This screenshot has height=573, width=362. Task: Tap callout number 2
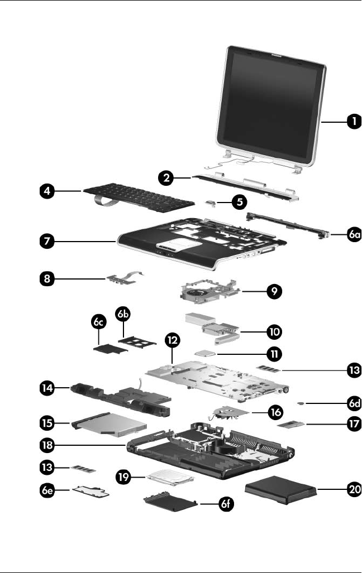point(165,179)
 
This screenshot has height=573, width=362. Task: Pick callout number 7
point(47,242)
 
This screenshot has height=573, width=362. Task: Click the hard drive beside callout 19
point(170,483)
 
